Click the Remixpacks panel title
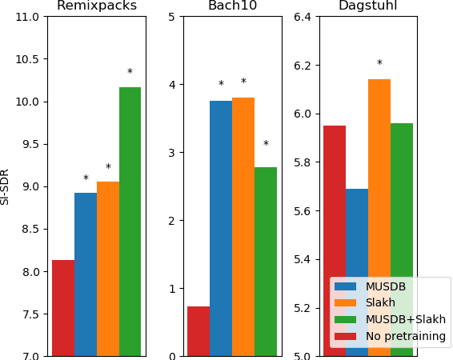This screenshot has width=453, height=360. click(x=96, y=6)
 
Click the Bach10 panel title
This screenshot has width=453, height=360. click(x=232, y=6)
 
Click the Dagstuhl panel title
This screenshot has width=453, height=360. click(x=367, y=6)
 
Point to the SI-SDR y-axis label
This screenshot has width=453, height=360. click(x=6, y=186)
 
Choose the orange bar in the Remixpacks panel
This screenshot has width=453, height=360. click(x=108, y=269)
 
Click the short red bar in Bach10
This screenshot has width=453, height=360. click(x=198, y=331)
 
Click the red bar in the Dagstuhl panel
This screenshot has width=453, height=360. click(x=335, y=200)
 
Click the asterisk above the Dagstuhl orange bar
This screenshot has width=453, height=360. click(x=379, y=64)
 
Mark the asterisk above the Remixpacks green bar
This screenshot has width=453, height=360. click(x=130, y=73)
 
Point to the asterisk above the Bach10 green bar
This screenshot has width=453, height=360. click(x=266, y=145)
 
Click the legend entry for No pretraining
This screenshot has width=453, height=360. click(x=405, y=336)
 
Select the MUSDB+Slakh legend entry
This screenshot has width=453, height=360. click(x=405, y=319)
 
